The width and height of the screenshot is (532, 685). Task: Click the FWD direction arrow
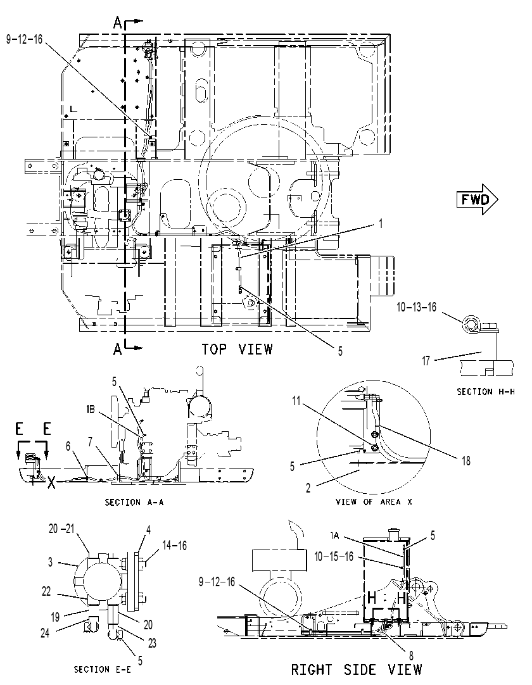coord(478,199)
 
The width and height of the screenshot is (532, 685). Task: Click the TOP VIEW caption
coord(237,349)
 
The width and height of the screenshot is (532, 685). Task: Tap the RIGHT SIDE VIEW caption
coord(357,669)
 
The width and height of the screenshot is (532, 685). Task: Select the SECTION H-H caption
coord(486,391)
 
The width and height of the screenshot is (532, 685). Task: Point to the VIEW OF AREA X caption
coord(374,501)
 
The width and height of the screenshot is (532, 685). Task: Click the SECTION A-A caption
coord(134,503)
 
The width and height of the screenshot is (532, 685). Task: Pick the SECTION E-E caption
coord(104,669)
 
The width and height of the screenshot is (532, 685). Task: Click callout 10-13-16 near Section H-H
coord(416,307)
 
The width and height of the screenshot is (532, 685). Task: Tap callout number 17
coord(426,361)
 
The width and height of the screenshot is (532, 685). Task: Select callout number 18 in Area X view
coord(466,461)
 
